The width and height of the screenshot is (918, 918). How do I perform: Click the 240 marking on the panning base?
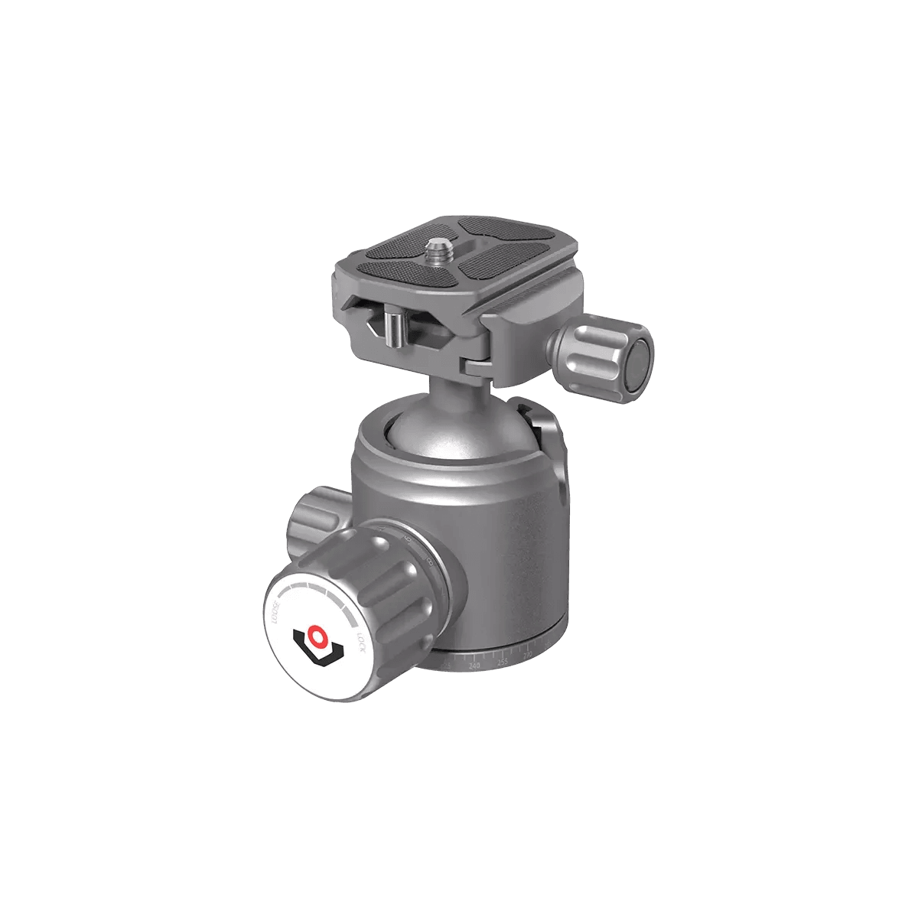point(475,666)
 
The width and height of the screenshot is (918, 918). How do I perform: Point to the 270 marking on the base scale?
point(527,655)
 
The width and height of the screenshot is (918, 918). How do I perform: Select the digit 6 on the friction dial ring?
point(408,542)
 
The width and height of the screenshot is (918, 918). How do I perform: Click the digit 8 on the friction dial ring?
point(430,565)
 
